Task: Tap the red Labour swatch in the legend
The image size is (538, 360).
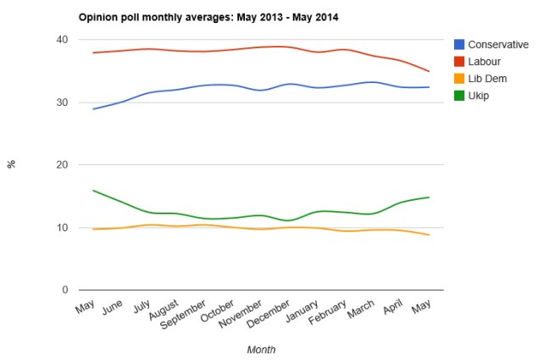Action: (x=458, y=61)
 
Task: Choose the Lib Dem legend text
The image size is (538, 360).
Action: (x=488, y=78)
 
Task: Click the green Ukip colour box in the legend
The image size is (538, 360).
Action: (x=458, y=95)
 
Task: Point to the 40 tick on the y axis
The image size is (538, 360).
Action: (x=63, y=40)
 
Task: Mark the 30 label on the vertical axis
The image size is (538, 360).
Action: (x=63, y=102)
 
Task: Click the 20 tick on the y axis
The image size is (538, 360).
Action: (x=63, y=165)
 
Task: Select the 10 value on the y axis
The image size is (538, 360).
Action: (x=63, y=228)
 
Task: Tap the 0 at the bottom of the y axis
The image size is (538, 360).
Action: (x=65, y=291)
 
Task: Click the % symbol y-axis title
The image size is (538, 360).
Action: (x=12, y=164)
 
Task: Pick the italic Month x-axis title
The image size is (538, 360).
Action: (x=261, y=349)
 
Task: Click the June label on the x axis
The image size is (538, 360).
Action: (x=113, y=311)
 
